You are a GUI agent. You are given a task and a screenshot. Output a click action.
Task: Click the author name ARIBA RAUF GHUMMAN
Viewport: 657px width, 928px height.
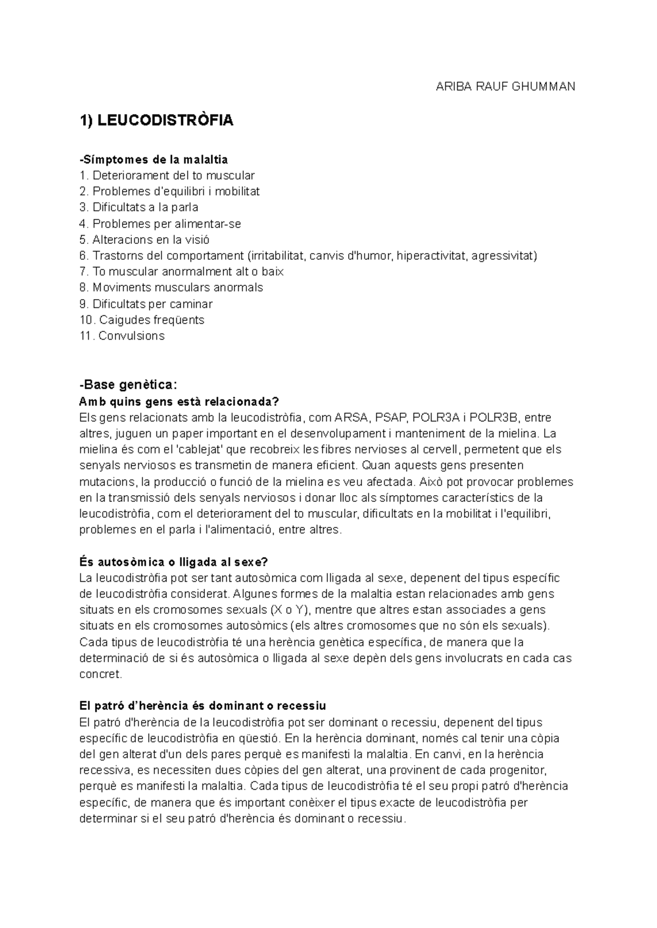[x=505, y=87]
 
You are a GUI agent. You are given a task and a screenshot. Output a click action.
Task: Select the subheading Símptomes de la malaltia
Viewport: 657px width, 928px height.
[x=153, y=159]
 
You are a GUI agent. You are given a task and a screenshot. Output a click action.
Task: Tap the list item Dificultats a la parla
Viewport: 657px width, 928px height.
[x=139, y=208]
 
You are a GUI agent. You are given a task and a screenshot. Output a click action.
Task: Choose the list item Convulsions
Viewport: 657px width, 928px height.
[x=122, y=336]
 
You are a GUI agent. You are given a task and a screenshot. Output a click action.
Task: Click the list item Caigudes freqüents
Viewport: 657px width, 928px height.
[x=142, y=320]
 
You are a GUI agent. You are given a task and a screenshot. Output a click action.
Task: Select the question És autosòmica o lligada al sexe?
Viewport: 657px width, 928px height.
[x=174, y=562]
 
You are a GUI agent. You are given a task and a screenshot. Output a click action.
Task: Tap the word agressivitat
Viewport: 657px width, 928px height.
[x=504, y=256]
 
